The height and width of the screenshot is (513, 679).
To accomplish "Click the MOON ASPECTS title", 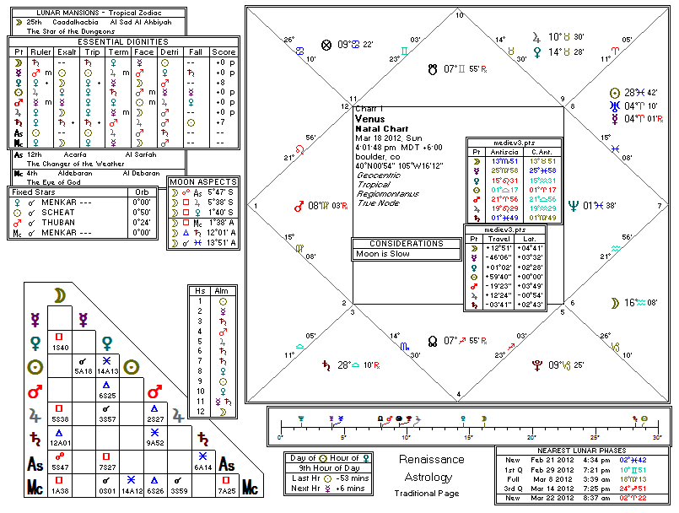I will tap(203, 181).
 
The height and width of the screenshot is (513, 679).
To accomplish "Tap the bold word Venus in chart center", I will tap(369, 120).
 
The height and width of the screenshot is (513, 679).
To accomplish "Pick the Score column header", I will tap(224, 52).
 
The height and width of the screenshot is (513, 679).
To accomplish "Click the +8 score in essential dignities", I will tap(224, 82).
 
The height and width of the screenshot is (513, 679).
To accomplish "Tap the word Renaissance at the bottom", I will tap(431, 460).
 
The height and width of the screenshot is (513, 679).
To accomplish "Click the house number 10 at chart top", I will tap(459, 15).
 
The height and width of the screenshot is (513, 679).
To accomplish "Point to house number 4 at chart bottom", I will tap(459, 394).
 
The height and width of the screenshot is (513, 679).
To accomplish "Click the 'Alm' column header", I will tap(224, 290).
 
